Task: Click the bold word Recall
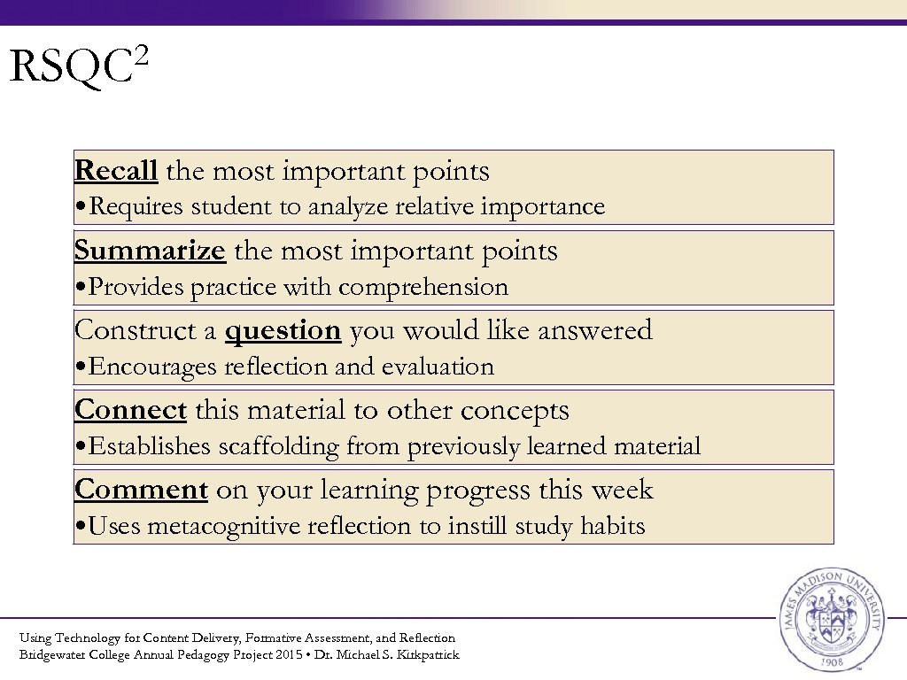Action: click(116, 171)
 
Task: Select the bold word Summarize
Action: click(150, 251)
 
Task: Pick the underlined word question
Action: click(283, 330)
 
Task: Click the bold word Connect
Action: click(130, 410)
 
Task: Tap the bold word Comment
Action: click(141, 490)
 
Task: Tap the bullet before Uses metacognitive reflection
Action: click(81, 527)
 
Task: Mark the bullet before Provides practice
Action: click(81, 288)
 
